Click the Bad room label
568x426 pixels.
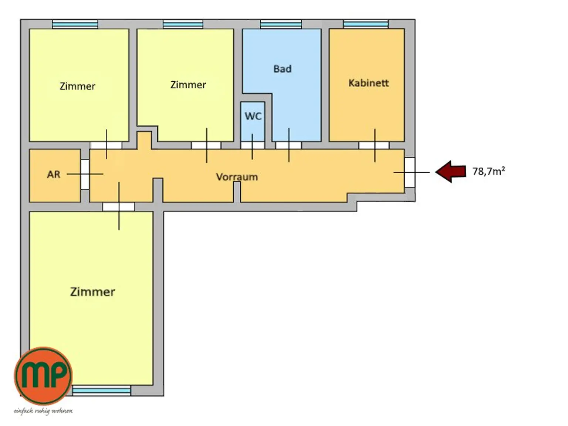[282, 69]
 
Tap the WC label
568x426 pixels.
[253, 116]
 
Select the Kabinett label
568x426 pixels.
[368, 83]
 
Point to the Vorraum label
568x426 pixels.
[237, 177]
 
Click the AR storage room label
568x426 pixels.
[54, 174]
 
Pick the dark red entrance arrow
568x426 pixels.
[450, 172]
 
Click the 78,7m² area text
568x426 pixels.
[488, 171]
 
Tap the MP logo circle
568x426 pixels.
[43, 376]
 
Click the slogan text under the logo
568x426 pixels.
[43, 411]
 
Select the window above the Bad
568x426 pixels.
[281, 24]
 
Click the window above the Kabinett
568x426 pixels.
[366, 24]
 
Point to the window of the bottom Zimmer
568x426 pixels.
[101, 390]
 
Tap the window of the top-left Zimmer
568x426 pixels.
[75, 24]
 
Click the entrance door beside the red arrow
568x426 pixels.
[410, 172]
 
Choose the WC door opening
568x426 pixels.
[253, 145]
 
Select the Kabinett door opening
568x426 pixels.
[373, 145]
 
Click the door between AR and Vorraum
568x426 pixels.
[85, 174]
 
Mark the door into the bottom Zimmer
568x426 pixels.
[119, 207]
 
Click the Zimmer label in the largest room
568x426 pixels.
[93, 292]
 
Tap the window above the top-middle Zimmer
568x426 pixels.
[183, 24]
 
